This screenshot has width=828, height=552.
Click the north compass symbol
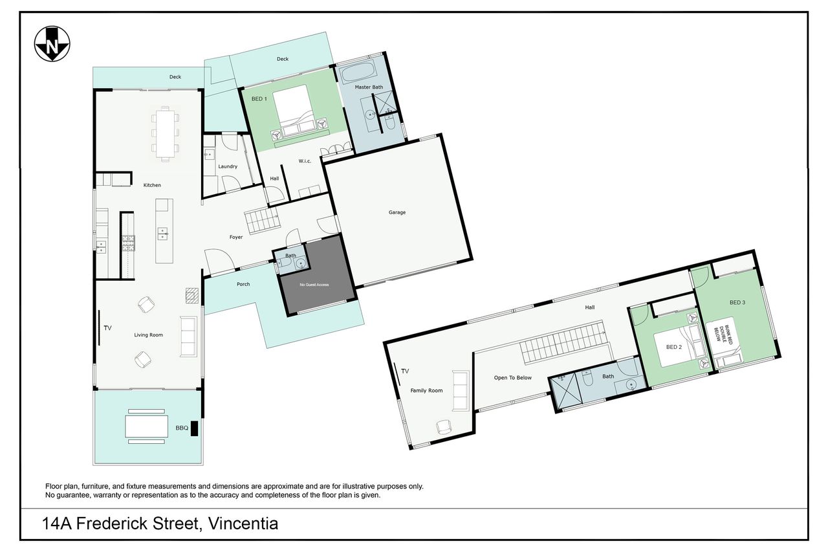(52, 44)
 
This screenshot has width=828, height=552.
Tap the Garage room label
(397, 212)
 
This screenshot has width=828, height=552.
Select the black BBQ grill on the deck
(194, 428)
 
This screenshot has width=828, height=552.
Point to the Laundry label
(228, 166)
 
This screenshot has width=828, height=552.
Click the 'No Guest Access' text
(314, 285)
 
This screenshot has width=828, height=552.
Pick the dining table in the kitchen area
(165, 134)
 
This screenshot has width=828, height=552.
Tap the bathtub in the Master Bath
(357, 72)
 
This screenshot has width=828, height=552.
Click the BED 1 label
(259, 99)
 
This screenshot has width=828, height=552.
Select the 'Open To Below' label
(513, 377)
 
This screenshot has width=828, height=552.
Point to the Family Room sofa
(461, 391)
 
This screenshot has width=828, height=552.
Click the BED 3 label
(737, 302)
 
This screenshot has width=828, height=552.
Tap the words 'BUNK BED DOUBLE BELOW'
(723, 335)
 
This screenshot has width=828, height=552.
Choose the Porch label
(243, 284)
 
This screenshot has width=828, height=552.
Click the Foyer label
(236, 237)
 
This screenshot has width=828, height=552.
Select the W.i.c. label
(305, 161)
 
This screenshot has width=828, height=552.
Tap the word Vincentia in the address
(243, 524)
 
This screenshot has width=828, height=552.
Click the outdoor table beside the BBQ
(147, 426)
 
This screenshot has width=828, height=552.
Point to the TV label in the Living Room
(107, 328)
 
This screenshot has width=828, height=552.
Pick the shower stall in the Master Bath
(384, 102)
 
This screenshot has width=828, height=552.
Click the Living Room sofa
(188, 337)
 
